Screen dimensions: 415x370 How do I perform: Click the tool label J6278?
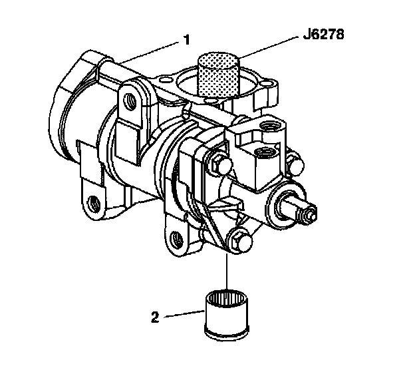point(323,34)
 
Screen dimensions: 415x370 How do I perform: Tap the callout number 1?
point(187,40)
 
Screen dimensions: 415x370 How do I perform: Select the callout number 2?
point(155,317)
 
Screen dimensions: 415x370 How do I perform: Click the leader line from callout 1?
point(149,53)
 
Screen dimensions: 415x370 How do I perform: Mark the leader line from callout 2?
point(184,313)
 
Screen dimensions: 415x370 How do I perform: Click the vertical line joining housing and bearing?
point(227,272)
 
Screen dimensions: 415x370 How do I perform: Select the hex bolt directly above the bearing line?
point(239,242)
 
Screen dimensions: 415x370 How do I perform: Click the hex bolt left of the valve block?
point(220,164)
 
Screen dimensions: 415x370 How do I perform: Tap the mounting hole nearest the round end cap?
point(93,204)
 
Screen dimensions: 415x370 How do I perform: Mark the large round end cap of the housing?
point(66,106)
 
